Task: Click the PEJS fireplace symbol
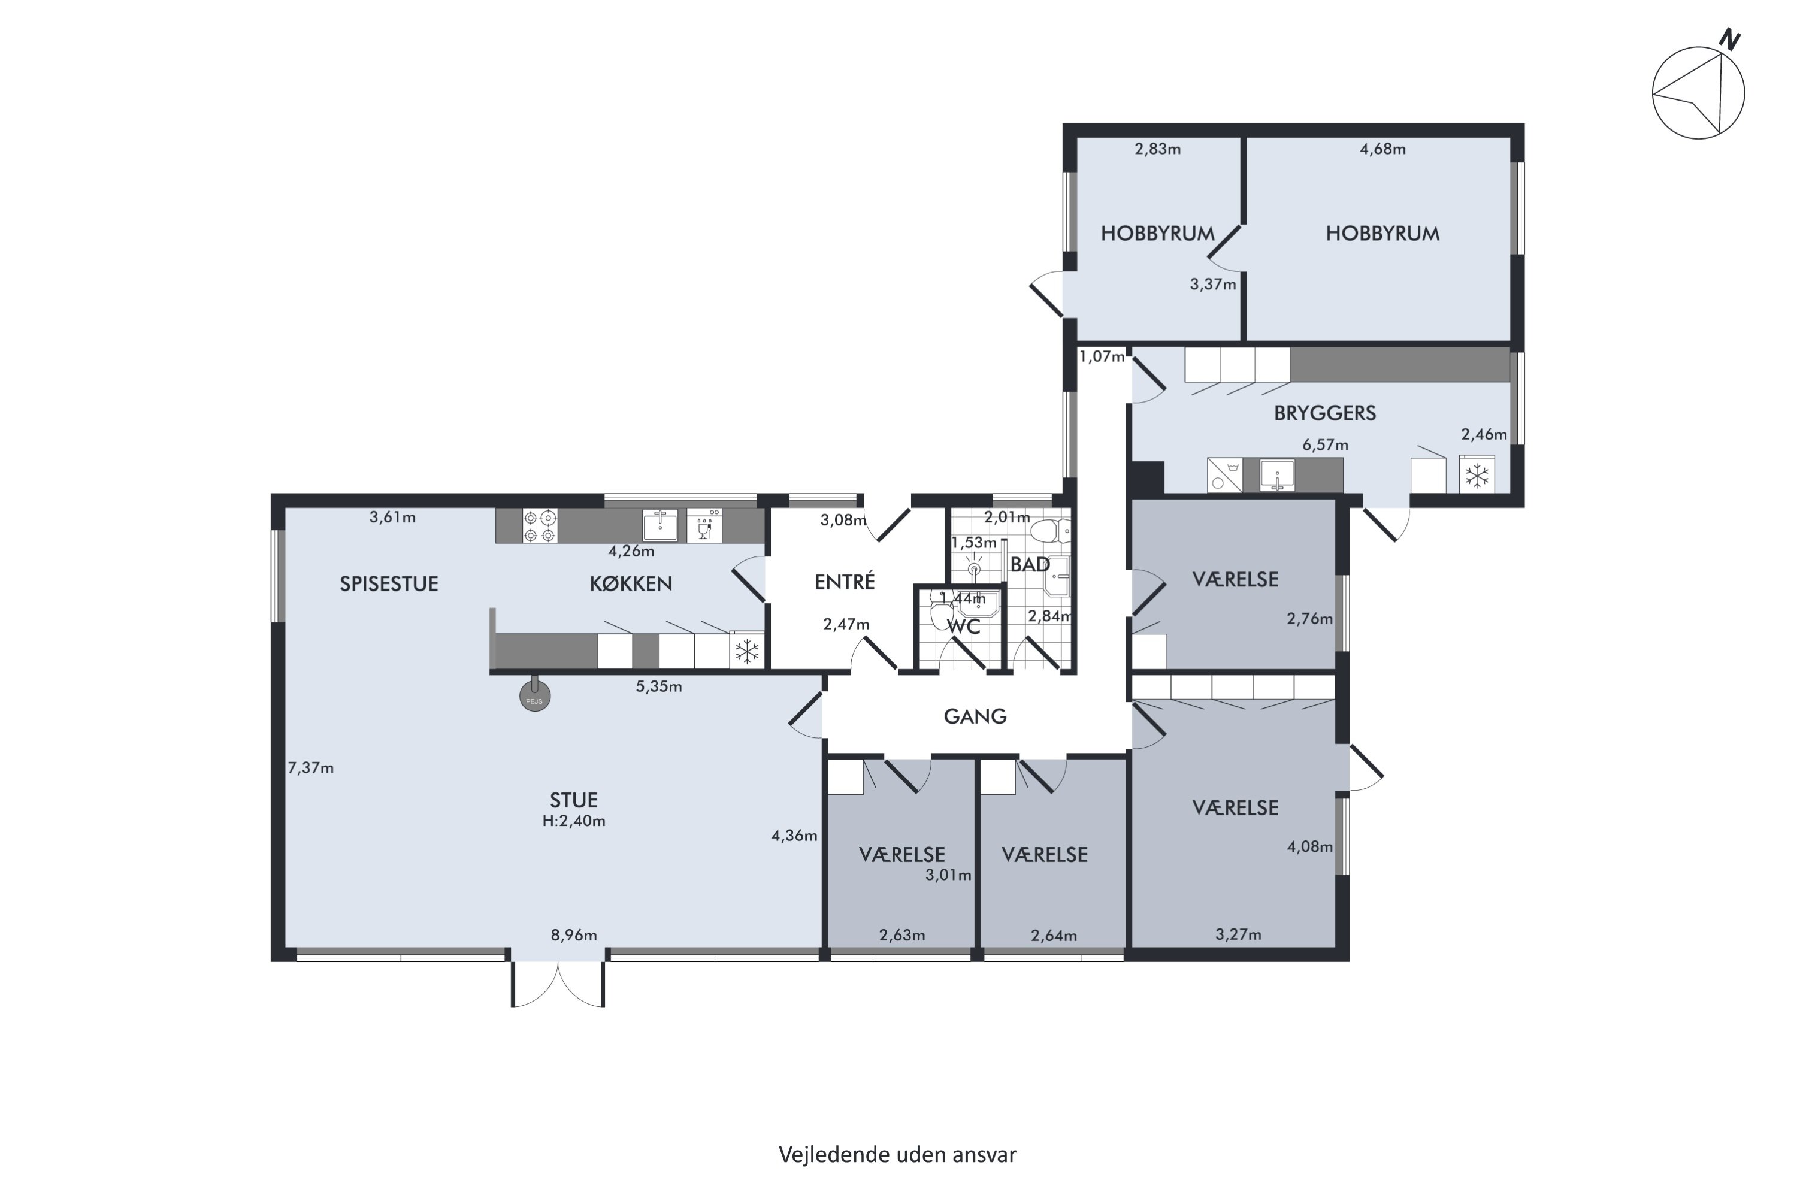tap(535, 695)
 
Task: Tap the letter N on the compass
tap(1730, 40)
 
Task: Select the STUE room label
tap(574, 800)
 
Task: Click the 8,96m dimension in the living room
tap(574, 935)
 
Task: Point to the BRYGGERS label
tap(1325, 413)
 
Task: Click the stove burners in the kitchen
tap(540, 527)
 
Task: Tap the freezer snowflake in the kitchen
tap(746, 652)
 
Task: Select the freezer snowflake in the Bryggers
tap(1477, 475)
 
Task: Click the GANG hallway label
tap(975, 716)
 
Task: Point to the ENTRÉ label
tap(844, 582)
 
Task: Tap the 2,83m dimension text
tap(1157, 149)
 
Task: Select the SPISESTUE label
tap(389, 583)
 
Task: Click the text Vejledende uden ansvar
tap(898, 1154)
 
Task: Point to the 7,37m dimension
tap(311, 768)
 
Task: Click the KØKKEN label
tap(631, 583)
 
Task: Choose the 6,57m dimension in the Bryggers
tap(1326, 444)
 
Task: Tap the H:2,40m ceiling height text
tap(574, 821)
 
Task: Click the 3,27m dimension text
tap(1239, 934)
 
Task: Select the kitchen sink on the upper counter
tap(660, 526)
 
